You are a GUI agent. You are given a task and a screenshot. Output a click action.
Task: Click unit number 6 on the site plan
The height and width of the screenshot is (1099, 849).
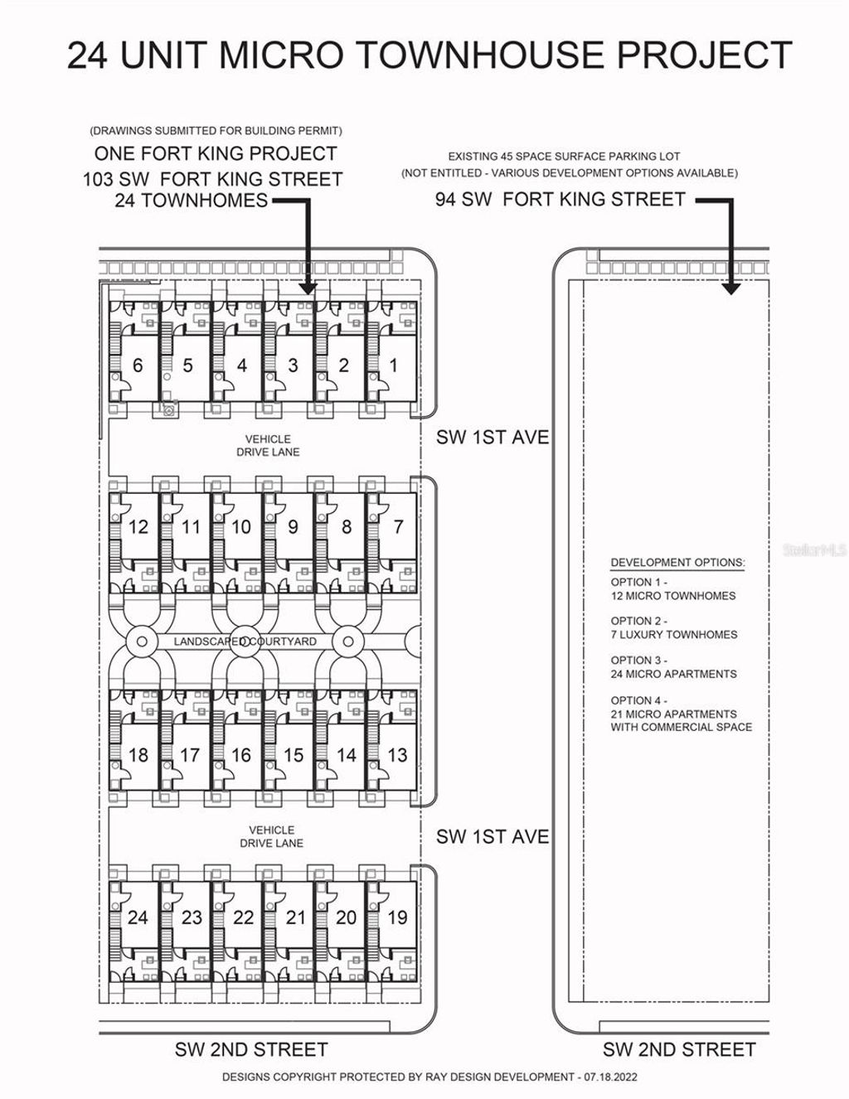138,366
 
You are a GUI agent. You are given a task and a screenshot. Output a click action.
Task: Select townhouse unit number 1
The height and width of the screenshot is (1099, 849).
394,366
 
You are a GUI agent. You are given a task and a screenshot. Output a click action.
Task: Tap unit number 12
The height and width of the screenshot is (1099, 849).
138,527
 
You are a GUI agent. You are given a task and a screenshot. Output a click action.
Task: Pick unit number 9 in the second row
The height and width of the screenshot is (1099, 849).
293,527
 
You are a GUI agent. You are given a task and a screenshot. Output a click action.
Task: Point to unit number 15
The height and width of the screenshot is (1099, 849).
293,755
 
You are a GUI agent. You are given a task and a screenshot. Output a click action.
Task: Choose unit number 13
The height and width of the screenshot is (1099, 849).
397,755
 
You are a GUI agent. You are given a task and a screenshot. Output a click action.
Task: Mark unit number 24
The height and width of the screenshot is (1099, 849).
138,917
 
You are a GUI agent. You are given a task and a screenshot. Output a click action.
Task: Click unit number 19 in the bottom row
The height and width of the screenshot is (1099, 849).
397,917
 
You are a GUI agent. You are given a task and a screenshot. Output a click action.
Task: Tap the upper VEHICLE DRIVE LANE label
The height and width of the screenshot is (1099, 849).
268,445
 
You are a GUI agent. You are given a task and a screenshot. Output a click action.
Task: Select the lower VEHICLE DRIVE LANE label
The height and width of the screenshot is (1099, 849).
272,836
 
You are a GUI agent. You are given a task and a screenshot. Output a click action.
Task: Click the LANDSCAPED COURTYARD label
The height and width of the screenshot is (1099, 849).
245,641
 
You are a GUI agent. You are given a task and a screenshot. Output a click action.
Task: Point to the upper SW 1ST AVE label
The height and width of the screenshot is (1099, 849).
492,438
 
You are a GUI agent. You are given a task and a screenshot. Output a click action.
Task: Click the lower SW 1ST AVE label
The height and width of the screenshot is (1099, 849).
492,837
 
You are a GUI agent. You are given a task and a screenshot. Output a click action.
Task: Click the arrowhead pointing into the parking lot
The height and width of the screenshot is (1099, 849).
730,288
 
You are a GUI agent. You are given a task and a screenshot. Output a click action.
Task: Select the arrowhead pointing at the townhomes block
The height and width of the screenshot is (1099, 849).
307,288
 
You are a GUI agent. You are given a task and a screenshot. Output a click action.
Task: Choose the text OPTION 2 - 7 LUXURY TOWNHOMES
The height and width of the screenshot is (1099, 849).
674,627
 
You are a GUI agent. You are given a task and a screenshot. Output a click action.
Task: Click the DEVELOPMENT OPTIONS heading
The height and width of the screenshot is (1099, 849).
678,563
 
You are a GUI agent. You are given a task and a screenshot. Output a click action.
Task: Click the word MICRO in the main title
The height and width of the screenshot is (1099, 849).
281,55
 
